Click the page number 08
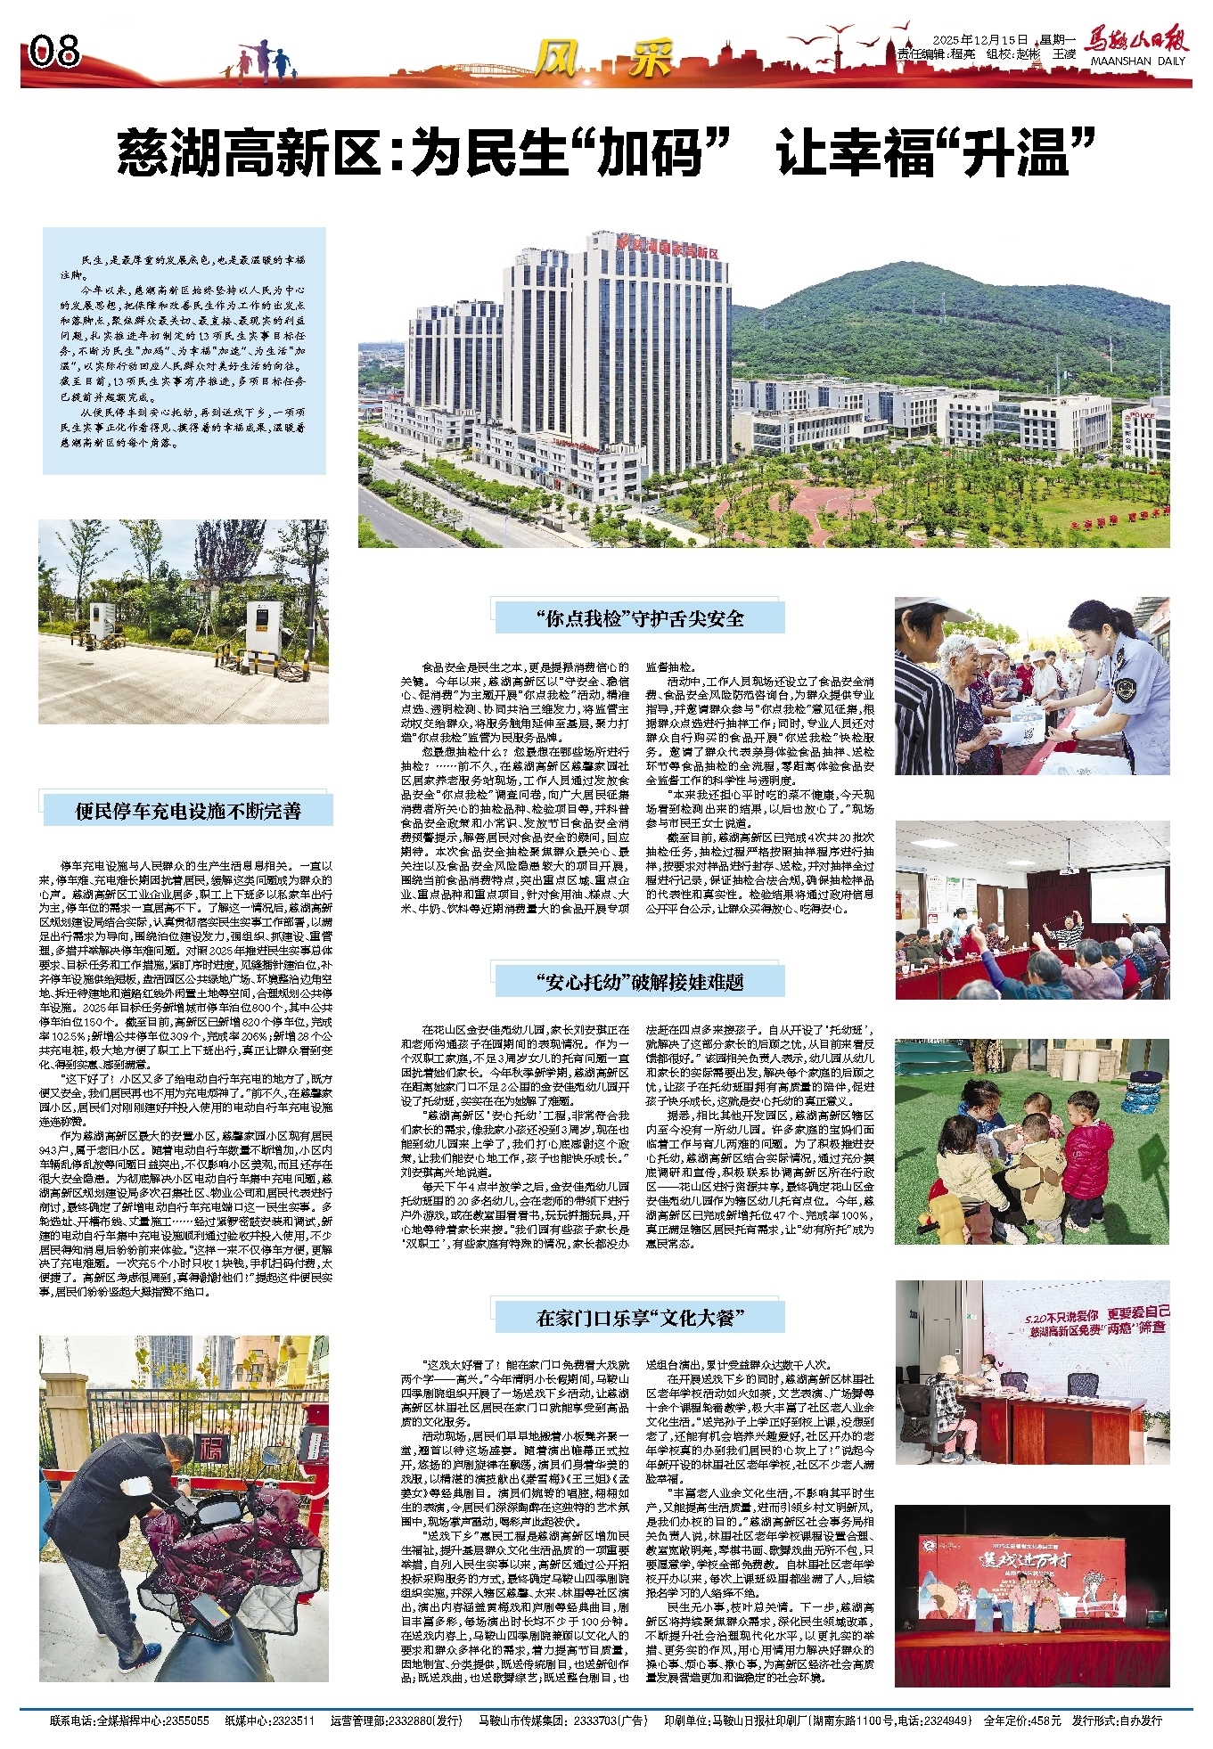coord(55,52)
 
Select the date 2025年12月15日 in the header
coord(980,40)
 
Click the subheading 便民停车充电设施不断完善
coord(187,811)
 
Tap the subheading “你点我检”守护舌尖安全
coord(639,618)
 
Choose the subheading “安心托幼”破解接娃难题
coord(639,982)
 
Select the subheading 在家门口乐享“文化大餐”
coord(639,1318)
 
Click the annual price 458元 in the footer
coord(1045,1720)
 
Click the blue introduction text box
coord(184,350)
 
